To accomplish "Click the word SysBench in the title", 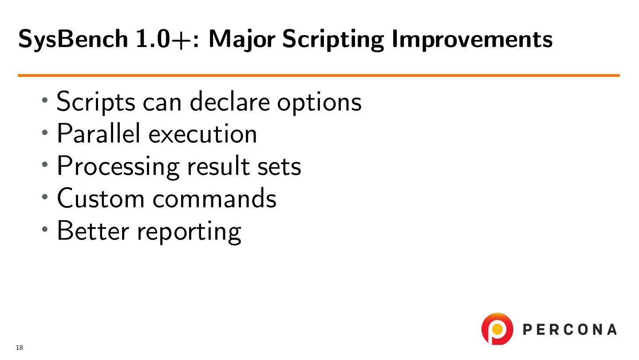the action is click(x=73, y=39).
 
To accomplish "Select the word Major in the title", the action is click(x=242, y=40).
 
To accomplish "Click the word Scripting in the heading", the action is click(x=333, y=40).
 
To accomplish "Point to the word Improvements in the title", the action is click(x=472, y=40).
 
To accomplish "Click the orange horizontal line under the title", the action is click(x=319, y=75).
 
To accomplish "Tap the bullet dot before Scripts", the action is click(x=44, y=100).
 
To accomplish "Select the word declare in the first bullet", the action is click(x=230, y=101).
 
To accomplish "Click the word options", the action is click(x=319, y=103).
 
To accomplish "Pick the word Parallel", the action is click(x=99, y=133).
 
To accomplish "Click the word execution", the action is click(x=202, y=134).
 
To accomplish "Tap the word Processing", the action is click(x=118, y=167).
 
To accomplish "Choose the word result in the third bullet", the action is click(x=218, y=166).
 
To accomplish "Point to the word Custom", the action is click(x=101, y=198).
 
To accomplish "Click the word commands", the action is click(x=214, y=198).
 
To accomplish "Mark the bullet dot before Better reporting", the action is click(x=44, y=229).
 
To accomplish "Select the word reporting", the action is click(x=189, y=232).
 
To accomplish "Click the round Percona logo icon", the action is click(x=497, y=328).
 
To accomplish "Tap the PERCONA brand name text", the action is click(x=570, y=329).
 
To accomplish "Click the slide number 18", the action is click(x=20, y=348).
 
